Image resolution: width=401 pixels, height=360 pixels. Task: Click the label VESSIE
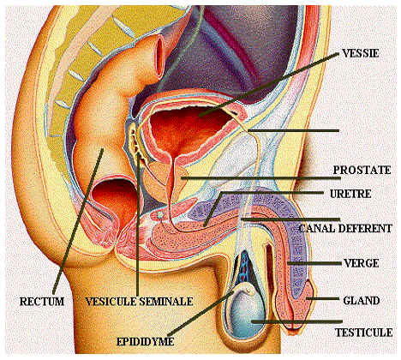coord(361,53)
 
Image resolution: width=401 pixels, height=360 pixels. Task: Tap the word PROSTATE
coord(362,170)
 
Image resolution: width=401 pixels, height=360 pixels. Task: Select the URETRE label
coord(350,194)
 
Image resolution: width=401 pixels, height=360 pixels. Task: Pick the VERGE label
coord(362,263)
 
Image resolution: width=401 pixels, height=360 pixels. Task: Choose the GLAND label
coord(362,301)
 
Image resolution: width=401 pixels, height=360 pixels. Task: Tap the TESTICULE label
coord(363,333)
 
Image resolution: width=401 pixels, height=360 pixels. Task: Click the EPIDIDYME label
coord(145,341)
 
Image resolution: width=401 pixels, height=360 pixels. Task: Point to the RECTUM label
coord(42,302)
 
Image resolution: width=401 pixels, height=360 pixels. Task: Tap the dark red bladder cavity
coord(186,129)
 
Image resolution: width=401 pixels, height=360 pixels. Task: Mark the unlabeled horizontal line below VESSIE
coord(293,131)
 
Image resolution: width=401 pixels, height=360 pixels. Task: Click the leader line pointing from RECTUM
coord(78,219)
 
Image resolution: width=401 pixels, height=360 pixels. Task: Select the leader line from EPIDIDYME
coord(201,313)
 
